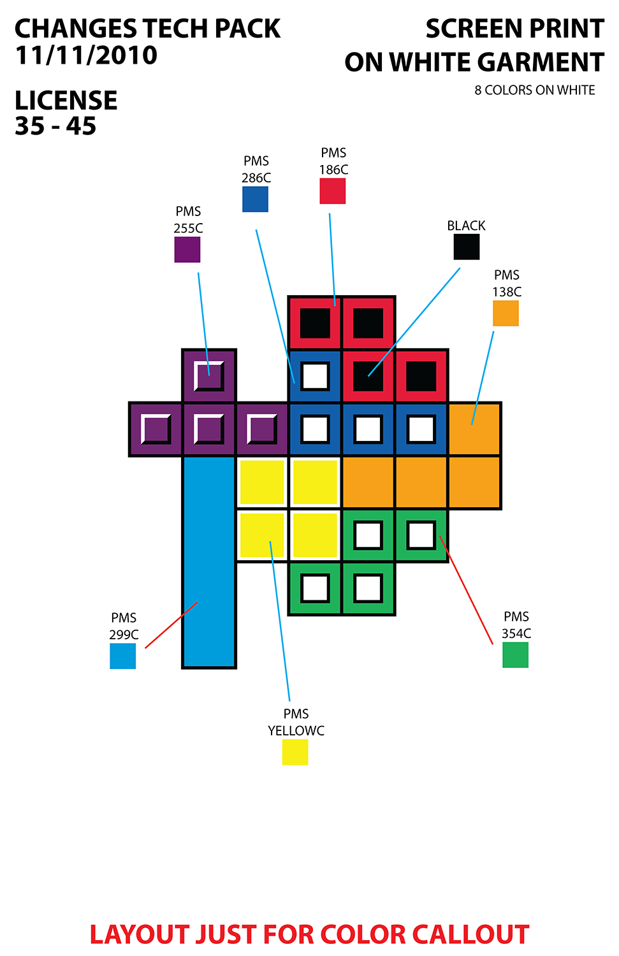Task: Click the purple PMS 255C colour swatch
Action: pyautogui.click(x=187, y=249)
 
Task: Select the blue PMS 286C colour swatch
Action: pyautogui.click(x=255, y=199)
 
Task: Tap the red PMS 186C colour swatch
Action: pyautogui.click(x=332, y=191)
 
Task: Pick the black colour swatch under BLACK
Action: pyautogui.click(x=467, y=247)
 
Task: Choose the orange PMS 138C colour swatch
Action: pyautogui.click(x=506, y=313)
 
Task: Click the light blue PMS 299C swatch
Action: pyautogui.click(x=122, y=656)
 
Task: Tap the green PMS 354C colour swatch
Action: pyautogui.click(x=515, y=655)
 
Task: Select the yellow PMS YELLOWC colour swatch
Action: pyautogui.click(x=295, y=752)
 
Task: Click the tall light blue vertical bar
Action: pyautogui.click(x=209, y=561)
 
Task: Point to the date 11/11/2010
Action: pyautogui.click(x=86, y=55)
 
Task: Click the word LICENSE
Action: pyautogui.click(x=66, y=101)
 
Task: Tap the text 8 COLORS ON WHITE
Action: pyautogui.click(x=534, y=91)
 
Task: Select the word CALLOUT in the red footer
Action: pyautogui.click(x=470, y=934)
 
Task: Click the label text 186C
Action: pyautogui.click(x=333, y=170)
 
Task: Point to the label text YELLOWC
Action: pyautogui.click(x=296, y=730)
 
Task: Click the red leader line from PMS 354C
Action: pyautogui.click(x=466, y=590)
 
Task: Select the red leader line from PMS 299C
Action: pyautogui.click(x=171, y=625)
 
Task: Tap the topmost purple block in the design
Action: pyautogui.click(x=209, y=376)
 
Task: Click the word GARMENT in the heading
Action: pyautogui.click(x=541, y=62)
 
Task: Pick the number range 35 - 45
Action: pyautogui.click(x=55, y=126)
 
